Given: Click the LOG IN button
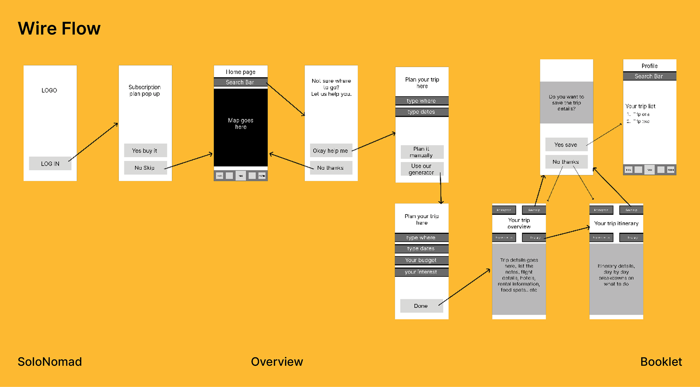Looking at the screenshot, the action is pyautogui.click(x=50, y=164).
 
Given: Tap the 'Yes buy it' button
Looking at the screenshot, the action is pyautogui.click(x=145, y=151).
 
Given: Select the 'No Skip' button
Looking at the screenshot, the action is pyautogui.click(x=145, y=168).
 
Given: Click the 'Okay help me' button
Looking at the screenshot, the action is pyautogui.click(x=331, y=151).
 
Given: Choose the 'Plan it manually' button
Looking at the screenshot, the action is pyautogui.click(x=422, y=152).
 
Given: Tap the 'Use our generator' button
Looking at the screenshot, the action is pyautogui.click(x=422, y=169).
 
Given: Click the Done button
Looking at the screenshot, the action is pyautogui.click(x=421, y=306).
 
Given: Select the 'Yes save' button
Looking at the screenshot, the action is pyautogui.click(x=566, y=145).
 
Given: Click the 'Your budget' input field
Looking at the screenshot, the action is pyautogui.click(x=421, y=260).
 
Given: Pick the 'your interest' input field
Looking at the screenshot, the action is pyautogui.click(x=421, y=272).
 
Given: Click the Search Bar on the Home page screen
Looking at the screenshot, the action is pyautogui.click(x=240, y=82).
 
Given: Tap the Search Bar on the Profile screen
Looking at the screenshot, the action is pyautogui.click(x=649, y=76).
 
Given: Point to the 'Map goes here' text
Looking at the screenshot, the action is pyautogui.click(x=241, y=124).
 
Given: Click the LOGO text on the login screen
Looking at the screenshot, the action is pyautogui.click(x=49, y=90).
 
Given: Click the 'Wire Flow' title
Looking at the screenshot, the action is pyautogui.click(x=59, y=28).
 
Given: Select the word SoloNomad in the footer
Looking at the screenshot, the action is pyautogui.click(x=50, y=362).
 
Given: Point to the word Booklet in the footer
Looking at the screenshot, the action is pyautogui.click(x=661, y=362).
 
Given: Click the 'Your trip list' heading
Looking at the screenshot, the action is pyautogui.click(x=640, y=106).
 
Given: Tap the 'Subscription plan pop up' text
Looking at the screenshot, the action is pyautogui.click(x=145, y=90).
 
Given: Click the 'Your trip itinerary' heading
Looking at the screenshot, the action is pyautogui.click(x=616, y=224).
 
